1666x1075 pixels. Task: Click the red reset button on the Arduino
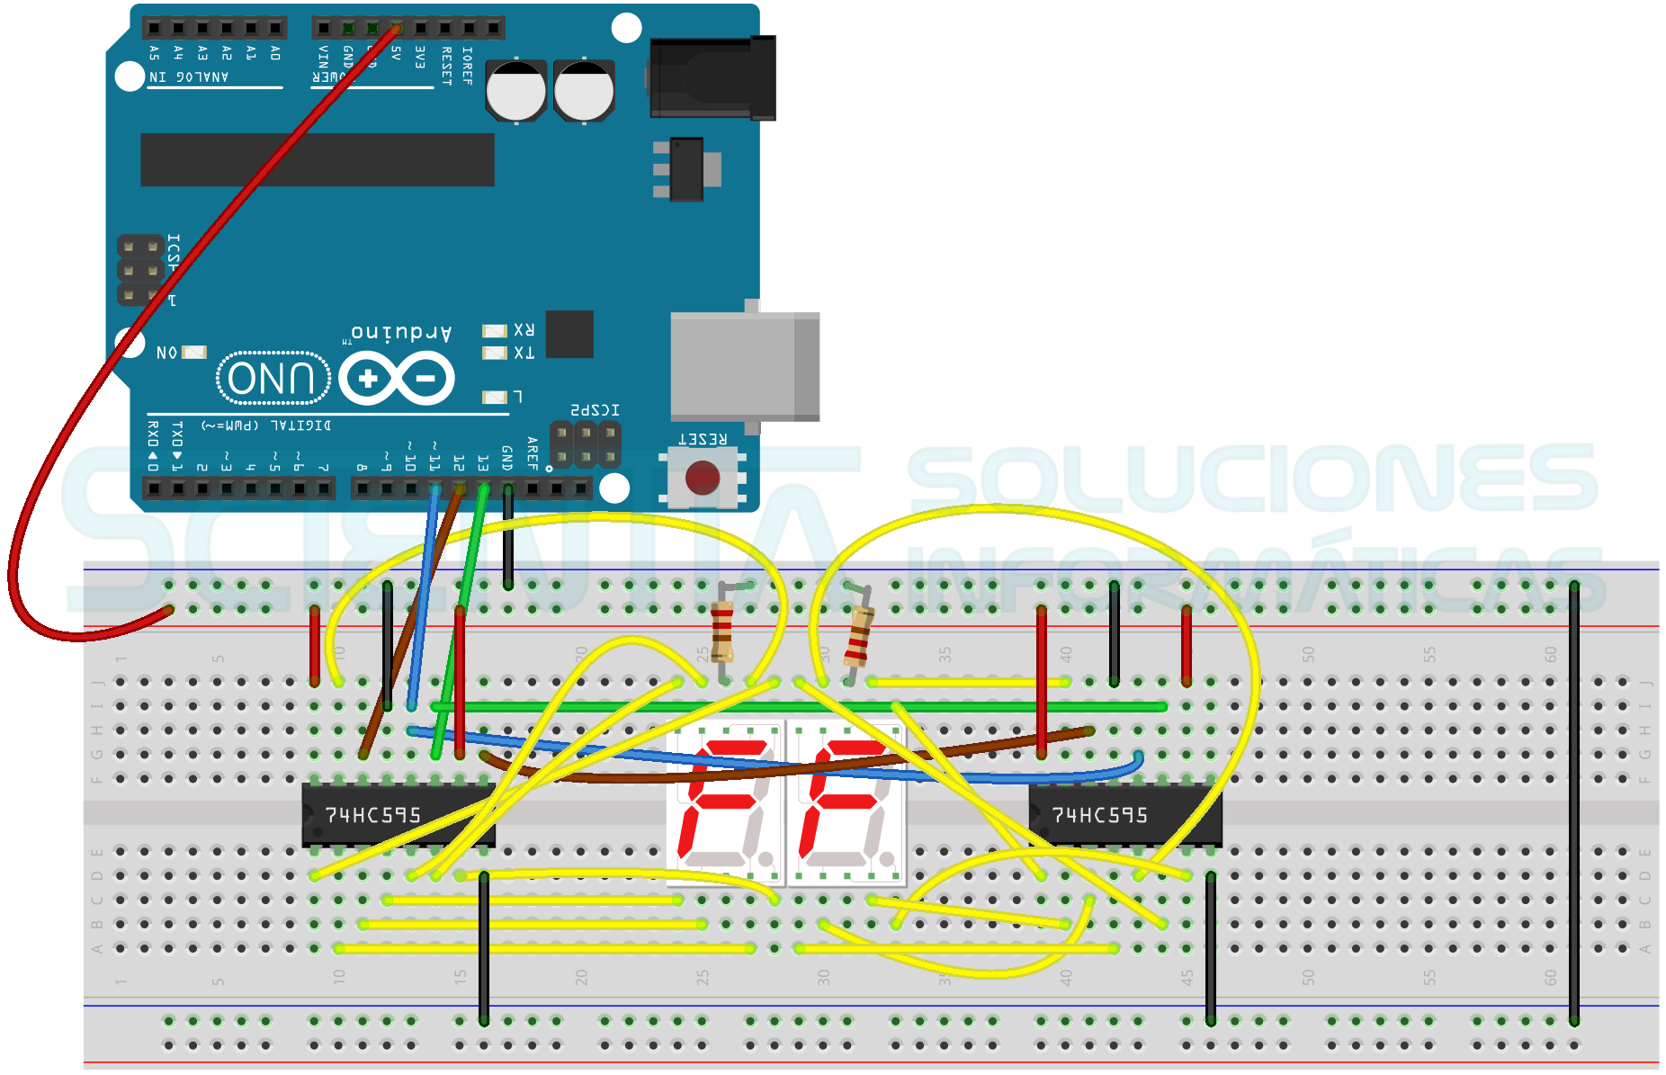click(x=702, y=478)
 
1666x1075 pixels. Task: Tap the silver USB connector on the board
click(x=744, y=366)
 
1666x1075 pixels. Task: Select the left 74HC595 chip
click(x=397, y=815)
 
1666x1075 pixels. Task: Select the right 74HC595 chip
click(x=1124, y=815)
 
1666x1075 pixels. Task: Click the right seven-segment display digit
click(x=846, y=802)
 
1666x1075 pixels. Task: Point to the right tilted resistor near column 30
click(x=859, y=635)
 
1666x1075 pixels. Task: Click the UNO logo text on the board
click(x=273, y=378)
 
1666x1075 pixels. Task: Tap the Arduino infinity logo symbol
click(x=397, y=379)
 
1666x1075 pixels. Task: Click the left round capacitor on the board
click(x=515, y=91)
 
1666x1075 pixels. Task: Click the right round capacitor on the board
click(x=584, y=91)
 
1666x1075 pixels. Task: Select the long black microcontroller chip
click(x=318, y=160)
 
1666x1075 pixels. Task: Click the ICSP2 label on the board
click(x=595, y=410)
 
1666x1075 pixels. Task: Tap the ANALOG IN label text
click(x=189, y=77)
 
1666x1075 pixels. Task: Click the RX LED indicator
click(x=495, y=331)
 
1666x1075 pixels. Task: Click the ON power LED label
click(x=167, y=353)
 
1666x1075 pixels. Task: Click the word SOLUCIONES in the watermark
click(x=1250, y=479)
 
